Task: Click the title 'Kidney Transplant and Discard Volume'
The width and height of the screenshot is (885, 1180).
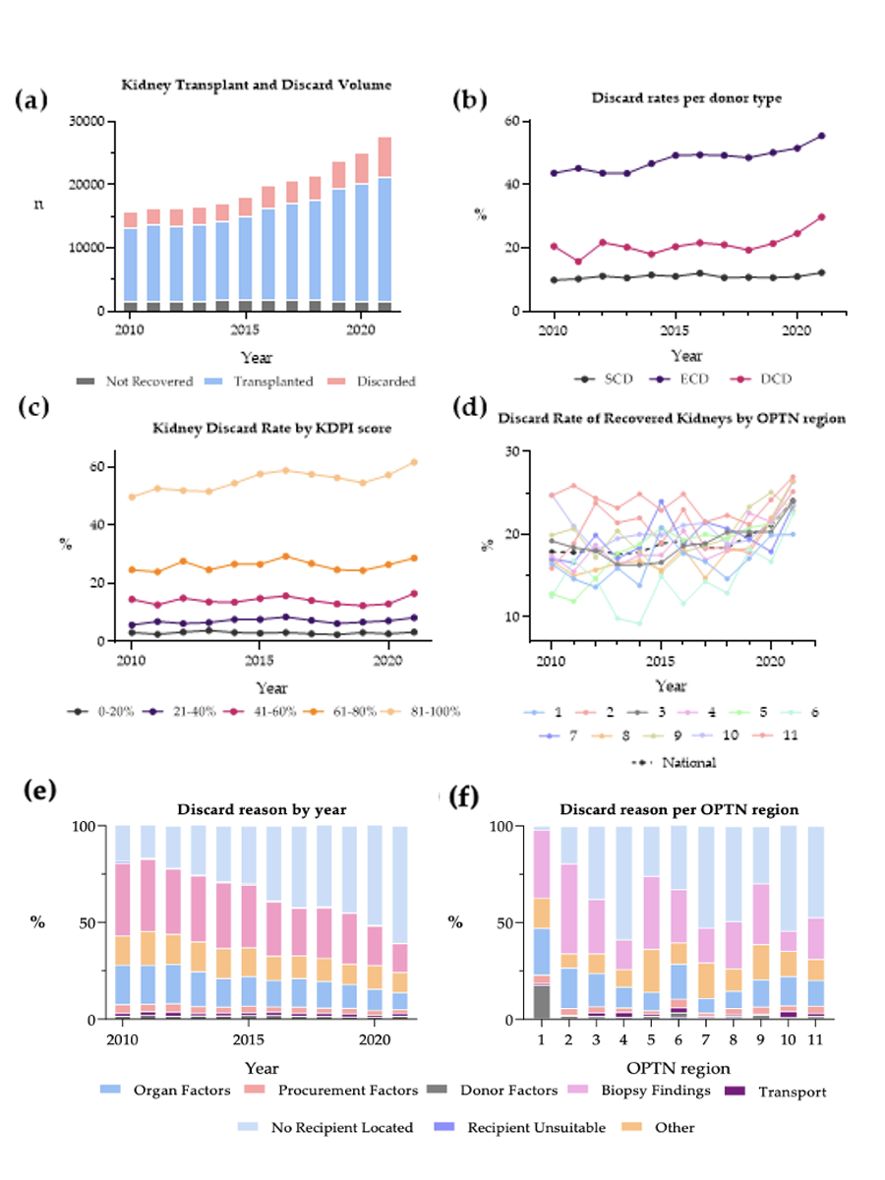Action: [256, 86]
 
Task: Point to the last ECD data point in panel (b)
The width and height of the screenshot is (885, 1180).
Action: [821, 136]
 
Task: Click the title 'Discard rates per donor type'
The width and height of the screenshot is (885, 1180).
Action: [673, 98]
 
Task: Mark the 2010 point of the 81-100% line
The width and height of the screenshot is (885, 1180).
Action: [131, 497]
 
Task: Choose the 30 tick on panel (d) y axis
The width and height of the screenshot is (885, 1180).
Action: [511, 451]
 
